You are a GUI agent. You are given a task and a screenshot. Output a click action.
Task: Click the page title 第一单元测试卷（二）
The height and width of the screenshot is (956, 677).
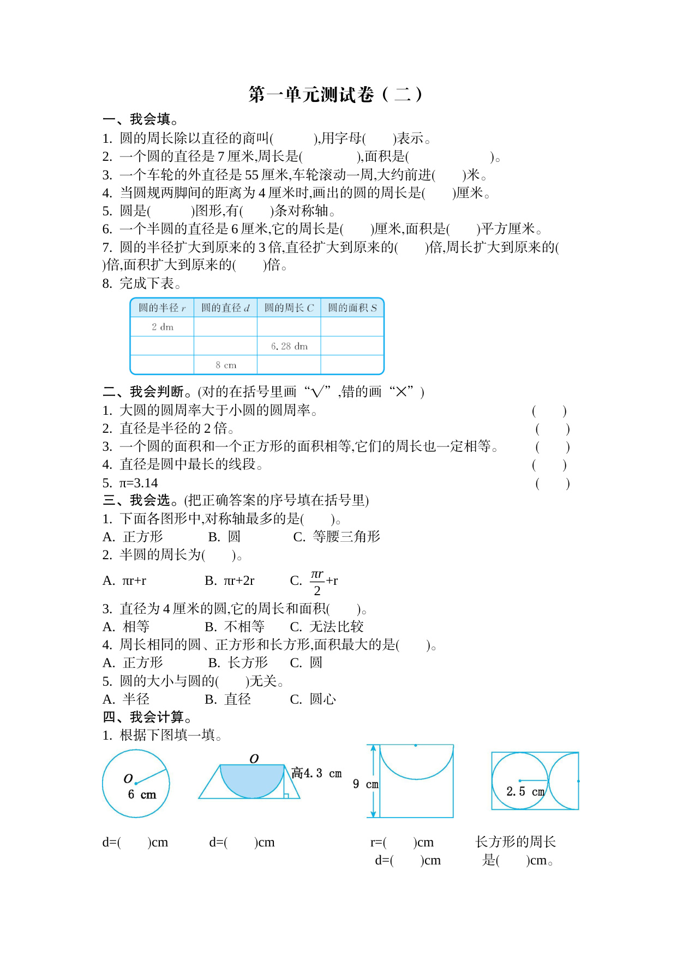(335, 95)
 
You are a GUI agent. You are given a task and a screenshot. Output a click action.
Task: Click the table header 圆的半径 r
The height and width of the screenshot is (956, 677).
(162, 308)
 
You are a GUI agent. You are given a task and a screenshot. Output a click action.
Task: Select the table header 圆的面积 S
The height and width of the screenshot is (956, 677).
(352, 308)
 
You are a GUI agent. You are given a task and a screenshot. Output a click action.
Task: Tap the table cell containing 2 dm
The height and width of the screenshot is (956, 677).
(162, 327)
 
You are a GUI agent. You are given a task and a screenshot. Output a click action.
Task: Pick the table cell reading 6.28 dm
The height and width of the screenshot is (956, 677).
(289, 346)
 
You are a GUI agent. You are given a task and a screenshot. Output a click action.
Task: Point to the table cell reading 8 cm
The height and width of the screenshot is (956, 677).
(226, 365)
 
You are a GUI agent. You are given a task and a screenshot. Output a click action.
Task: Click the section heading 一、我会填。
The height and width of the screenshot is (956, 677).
(140, 119)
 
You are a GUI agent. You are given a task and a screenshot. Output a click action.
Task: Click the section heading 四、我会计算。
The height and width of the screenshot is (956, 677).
(147, 717)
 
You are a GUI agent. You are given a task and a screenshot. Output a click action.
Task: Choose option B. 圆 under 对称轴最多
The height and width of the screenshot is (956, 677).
(224, 537)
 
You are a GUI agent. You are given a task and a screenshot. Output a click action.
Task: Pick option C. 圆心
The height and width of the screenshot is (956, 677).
(313, 699)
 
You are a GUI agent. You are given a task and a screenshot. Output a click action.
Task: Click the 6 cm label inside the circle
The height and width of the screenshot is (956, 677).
(142, 795)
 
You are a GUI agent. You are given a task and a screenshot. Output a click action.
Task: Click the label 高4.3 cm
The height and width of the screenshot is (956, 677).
(316, 773)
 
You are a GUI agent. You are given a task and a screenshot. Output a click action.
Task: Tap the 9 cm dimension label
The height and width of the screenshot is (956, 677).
(365, 784)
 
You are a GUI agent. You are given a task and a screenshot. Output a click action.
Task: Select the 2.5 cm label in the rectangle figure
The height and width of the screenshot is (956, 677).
(525, 791)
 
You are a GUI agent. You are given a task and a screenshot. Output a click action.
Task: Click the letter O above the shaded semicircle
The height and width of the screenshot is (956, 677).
(254, 759)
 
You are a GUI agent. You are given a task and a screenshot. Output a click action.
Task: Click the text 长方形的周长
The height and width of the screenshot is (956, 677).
(516, 842)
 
